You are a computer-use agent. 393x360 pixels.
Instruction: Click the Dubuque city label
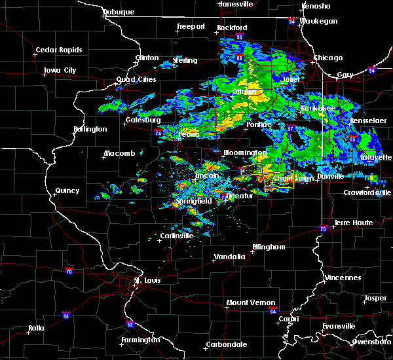point(119,12)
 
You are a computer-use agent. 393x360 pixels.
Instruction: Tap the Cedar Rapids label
point(59,50)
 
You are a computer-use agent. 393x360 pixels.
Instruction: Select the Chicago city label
point(327,58)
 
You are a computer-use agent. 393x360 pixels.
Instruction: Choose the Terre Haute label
point(354,223)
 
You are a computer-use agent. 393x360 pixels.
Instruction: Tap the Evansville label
point(338,326)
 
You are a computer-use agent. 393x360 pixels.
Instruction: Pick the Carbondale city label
point(226,344)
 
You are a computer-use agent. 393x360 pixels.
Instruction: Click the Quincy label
point(67,191)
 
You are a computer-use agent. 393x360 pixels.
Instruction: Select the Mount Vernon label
point(247,302)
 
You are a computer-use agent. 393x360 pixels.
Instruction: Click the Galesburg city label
point(143,120)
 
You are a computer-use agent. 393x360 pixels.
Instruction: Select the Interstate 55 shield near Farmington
point(130,324)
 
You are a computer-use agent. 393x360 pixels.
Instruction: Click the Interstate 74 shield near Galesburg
point(159,132)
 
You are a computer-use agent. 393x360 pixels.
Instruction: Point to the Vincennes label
point(344,278)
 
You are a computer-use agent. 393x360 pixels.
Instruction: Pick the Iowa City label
point(60,70)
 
